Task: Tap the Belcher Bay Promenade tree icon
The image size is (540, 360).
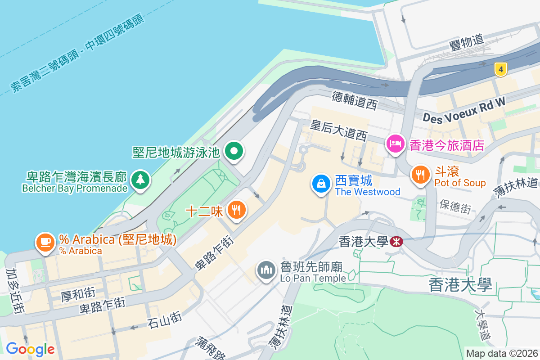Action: (140, 180)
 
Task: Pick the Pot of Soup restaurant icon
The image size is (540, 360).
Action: (421, 175)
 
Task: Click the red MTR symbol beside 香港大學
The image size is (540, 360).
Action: (396, 242)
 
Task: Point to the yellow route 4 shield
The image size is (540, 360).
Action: (500, 70)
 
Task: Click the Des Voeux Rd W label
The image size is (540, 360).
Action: (464, 110)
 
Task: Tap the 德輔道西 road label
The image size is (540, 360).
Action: (355, 100)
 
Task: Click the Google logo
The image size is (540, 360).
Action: (30, 349)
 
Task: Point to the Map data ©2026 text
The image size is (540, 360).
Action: (502, 354)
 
